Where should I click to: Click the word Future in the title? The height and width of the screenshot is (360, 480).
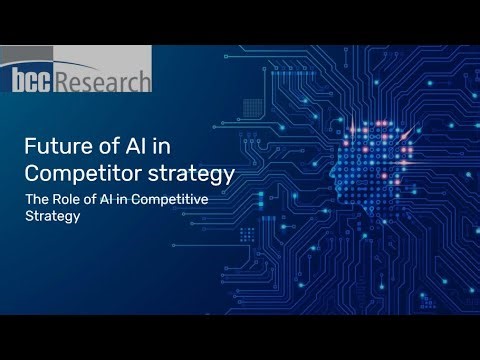point(56,145)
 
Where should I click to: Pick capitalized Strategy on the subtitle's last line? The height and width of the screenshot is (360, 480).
point(52,217)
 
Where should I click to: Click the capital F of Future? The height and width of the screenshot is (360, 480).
point(30,145)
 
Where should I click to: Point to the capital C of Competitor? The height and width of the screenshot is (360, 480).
point(31,172)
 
